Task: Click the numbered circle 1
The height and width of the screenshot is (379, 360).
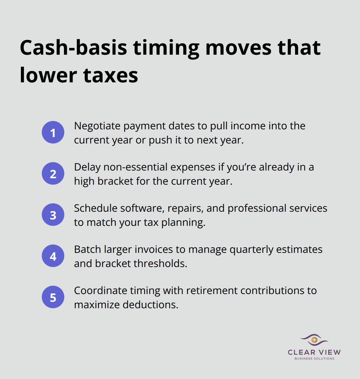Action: click(x=53, y=133)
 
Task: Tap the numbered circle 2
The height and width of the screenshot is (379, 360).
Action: click(x=53, y=174)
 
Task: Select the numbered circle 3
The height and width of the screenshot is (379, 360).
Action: click(x=53, y=215)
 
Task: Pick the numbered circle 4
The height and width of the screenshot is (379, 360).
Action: click(x=53, y=256)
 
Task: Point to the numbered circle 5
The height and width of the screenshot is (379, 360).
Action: click(x=53, y=297)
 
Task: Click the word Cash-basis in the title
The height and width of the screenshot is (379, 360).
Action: click(x=73, y=48)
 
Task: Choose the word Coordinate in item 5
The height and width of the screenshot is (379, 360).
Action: click(x=101, y=291)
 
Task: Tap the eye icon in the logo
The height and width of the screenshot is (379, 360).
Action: click(x=314, y=340)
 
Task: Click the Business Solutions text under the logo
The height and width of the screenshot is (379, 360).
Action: click(x=314, y=358)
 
